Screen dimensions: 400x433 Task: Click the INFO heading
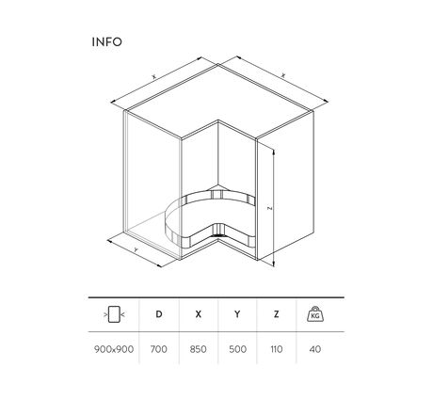click(106, 42)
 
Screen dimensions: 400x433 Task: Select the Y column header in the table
click(236, 313)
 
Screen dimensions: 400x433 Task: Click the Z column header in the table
click(277, 313)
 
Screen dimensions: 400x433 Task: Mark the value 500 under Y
click(236, 348)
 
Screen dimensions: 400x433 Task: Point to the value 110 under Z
click(277, 348)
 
